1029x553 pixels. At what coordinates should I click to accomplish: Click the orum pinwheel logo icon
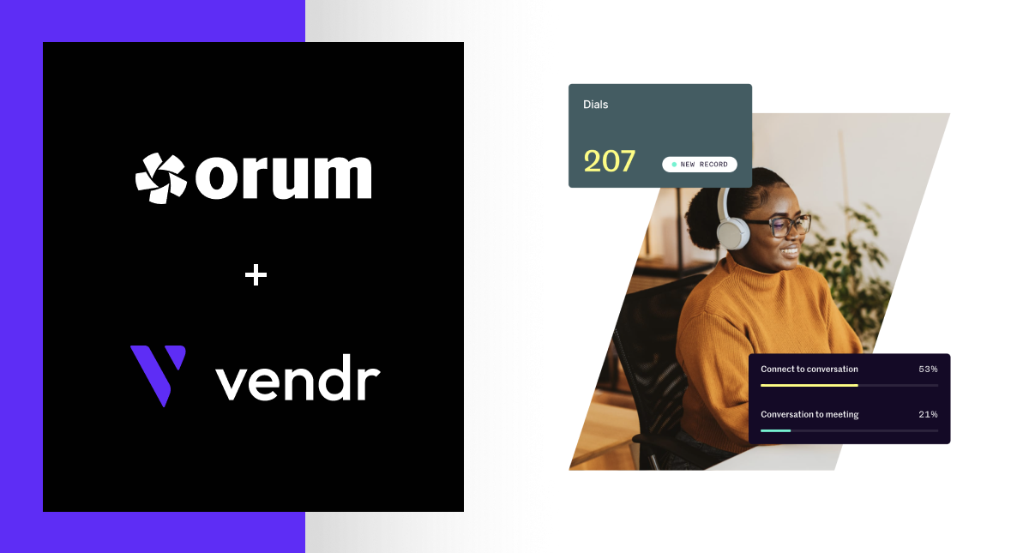pos(160,177)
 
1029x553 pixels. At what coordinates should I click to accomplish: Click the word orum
pos(283,177)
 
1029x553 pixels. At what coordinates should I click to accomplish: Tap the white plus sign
pos(256,275)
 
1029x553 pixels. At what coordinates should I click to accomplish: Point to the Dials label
pos(595,105)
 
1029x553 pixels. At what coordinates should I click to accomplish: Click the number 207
pos(609,161)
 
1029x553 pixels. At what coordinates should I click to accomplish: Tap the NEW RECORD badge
pos(699,165)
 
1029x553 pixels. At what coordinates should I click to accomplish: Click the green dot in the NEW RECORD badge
pos(674,165)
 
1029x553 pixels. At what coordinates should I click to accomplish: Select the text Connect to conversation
pos(809,370)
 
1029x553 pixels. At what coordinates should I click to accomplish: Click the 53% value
pos(928,370)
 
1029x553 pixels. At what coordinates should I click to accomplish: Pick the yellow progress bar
pos(809,386)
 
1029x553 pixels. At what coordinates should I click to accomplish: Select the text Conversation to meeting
pos(809,415)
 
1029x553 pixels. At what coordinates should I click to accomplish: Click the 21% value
pos(928,415)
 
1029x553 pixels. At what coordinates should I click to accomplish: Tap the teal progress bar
pos(775,430)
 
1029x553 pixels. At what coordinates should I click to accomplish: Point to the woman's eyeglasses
pos(787,226)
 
